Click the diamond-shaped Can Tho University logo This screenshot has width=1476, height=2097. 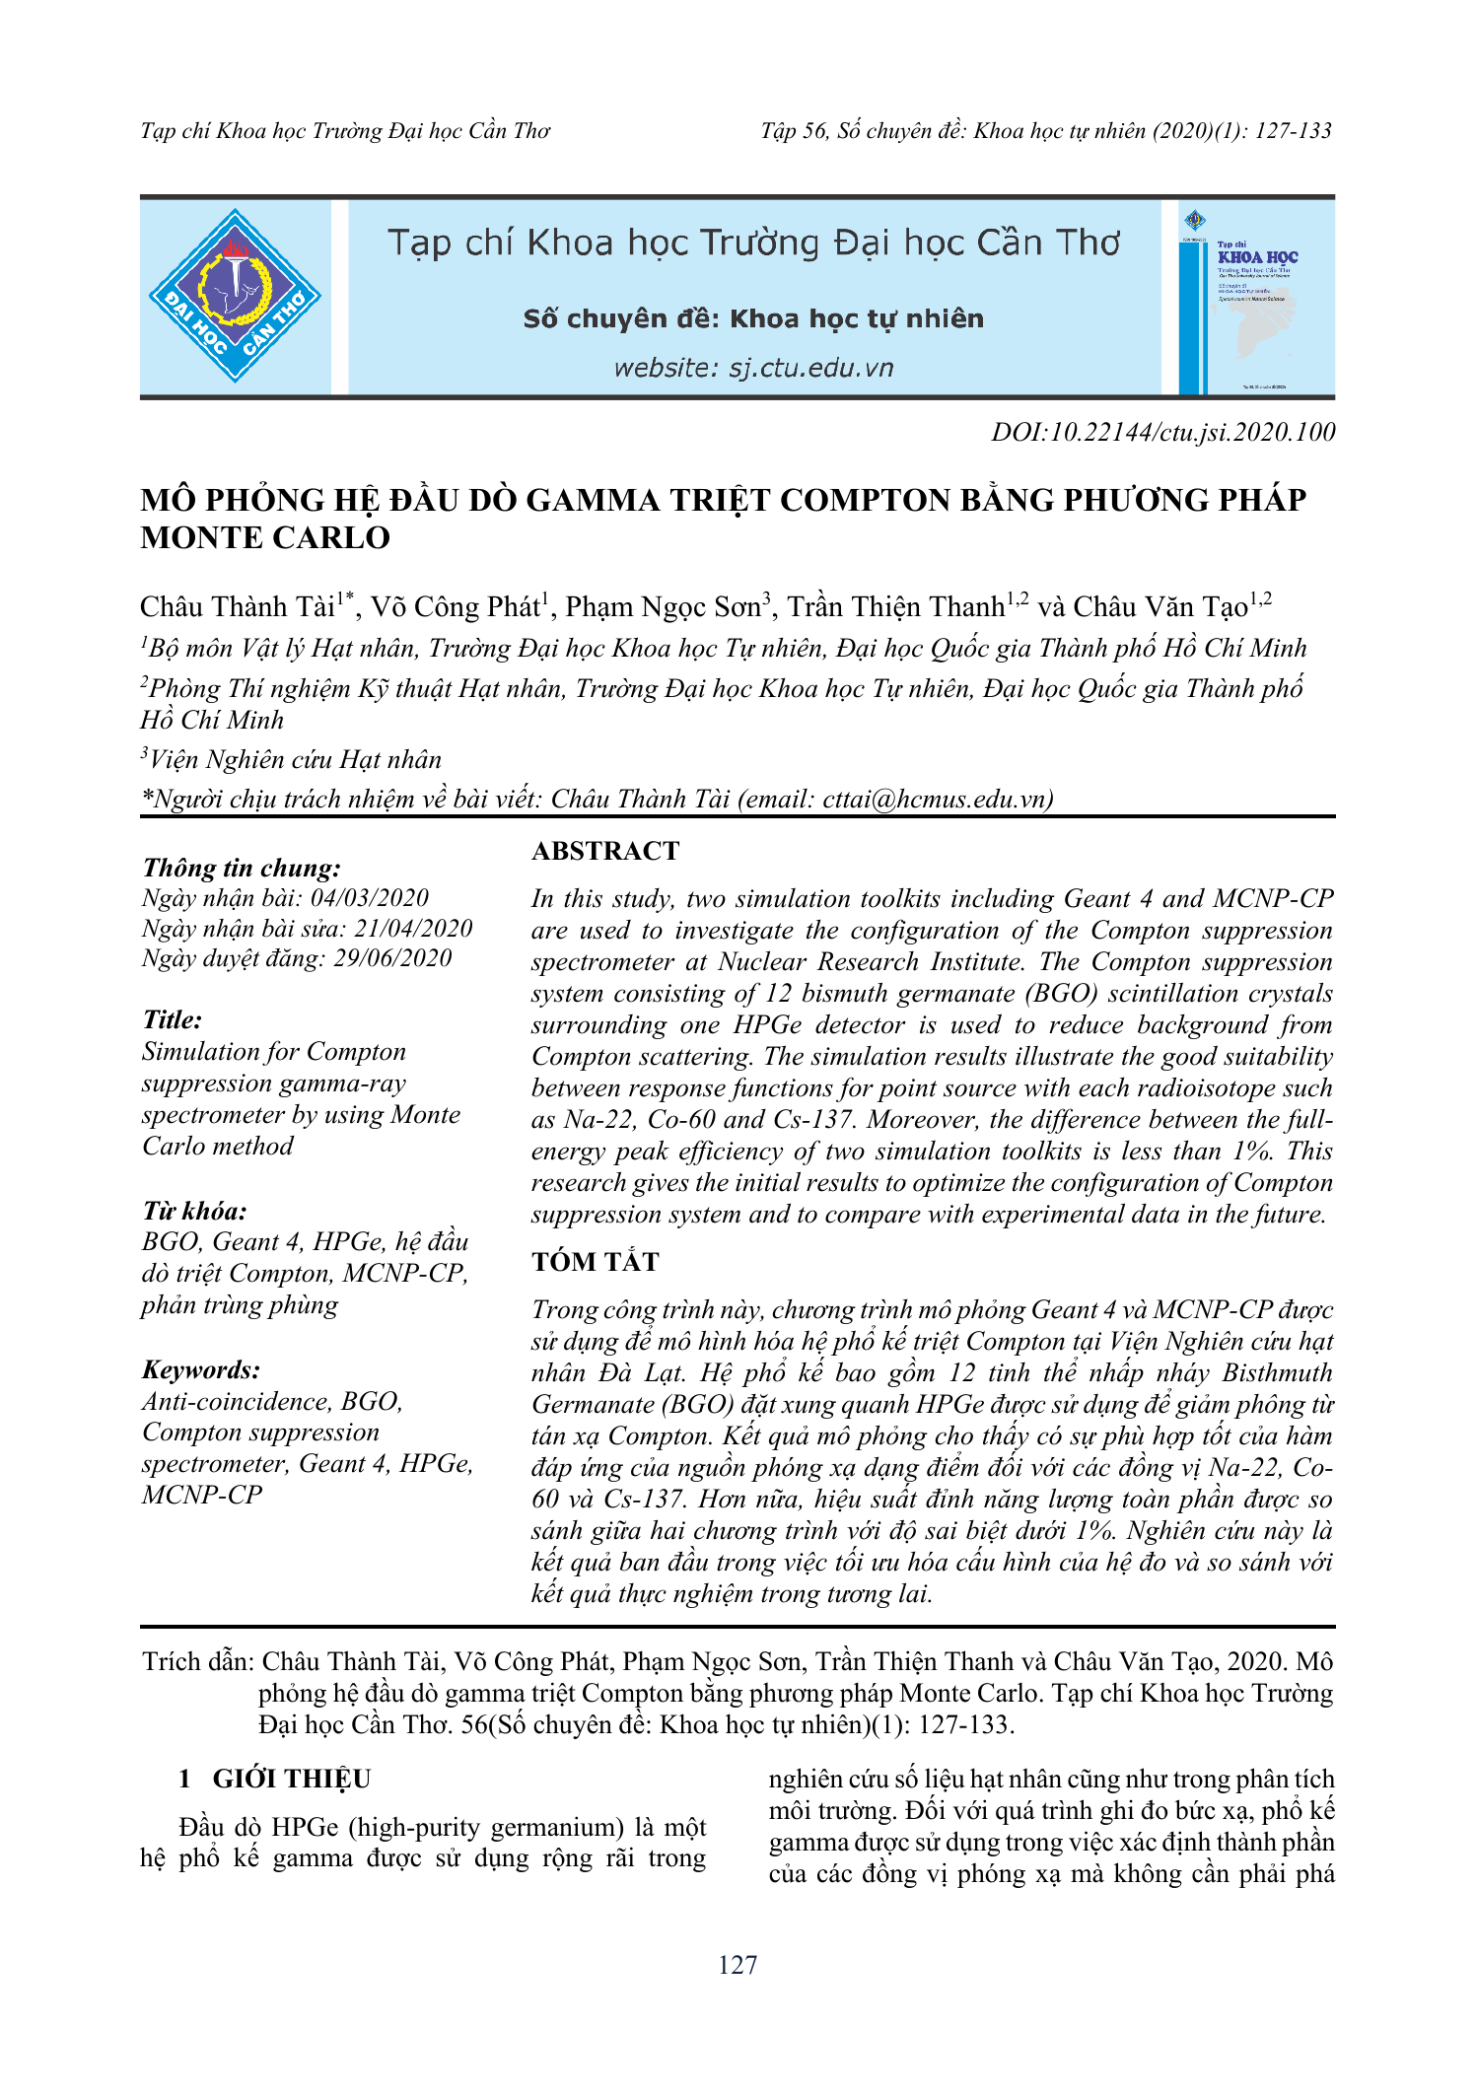click(x=235, y=296)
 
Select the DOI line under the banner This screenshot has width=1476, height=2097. click(x=1163, y=432)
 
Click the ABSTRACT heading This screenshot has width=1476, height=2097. click(x=605, y=851)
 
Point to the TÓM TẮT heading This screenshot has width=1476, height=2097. click(x=596, y=1261)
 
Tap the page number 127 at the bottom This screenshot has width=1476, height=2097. click(x=738, y=1965)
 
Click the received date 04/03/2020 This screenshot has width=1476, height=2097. click(x=370, y=898)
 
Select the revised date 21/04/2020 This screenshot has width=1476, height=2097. click(x=413, y=929)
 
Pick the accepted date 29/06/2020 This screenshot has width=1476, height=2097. click(x=392, y=958)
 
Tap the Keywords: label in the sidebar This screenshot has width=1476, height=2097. click(x=201, y=1369)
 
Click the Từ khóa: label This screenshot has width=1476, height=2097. click(x=194, y=1211)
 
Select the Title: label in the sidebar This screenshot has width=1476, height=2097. click(x=173, y=1019)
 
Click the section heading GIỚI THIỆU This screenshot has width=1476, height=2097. click(x=292, y=1779)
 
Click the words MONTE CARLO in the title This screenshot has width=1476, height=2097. click(x=265, y=538)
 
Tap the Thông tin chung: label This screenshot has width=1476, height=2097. click(x=242, y=868)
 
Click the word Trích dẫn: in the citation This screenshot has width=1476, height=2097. click(x=198, y=1661)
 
